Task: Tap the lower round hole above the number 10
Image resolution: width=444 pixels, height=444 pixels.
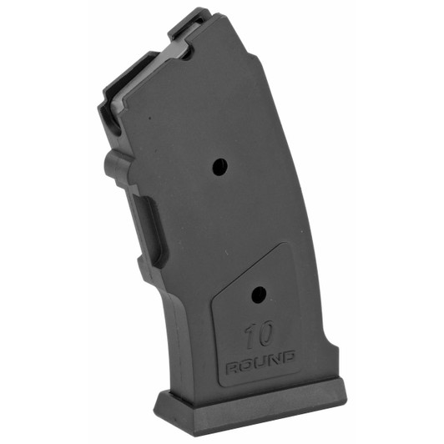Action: (x=258, y=294)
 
